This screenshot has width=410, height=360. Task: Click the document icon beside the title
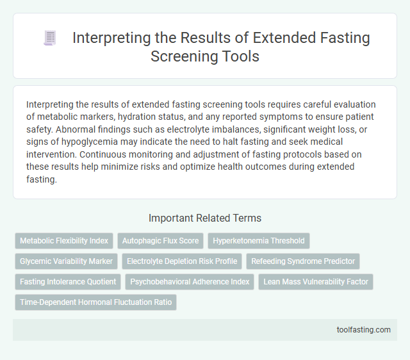click(x=50, y=38)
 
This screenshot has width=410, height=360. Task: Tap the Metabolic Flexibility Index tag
click(x=64, y=241)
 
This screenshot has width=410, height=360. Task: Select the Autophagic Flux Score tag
click(x=161, y=241)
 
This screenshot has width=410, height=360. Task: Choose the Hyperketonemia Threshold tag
click(x=259, y=241)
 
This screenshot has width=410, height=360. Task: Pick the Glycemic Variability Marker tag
click(x=66, y=261)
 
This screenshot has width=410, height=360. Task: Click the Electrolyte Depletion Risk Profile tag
click(x=184, y=261)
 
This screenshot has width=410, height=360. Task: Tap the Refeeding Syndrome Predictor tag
click(x=304, y=261)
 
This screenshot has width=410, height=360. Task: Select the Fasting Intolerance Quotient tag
click(x=68, y=281)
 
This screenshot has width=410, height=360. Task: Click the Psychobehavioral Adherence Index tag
click(x=190, y=281)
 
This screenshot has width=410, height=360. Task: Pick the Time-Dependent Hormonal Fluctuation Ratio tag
click(x=95, y=302)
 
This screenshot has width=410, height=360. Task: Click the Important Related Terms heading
click(x=204, y=218)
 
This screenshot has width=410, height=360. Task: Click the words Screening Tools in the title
click(x=204, y=56)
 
